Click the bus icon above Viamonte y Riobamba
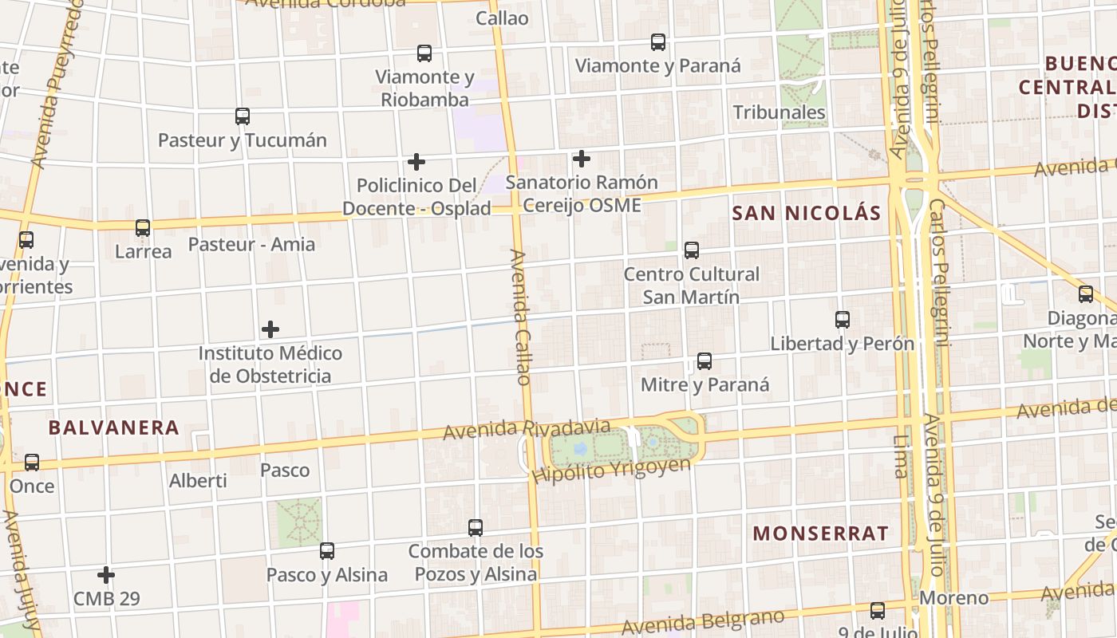424,53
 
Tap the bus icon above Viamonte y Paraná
658,42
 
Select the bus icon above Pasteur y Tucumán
243,116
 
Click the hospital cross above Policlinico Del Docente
416,162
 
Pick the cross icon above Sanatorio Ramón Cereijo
582,159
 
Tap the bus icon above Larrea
143,228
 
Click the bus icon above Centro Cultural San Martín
692,250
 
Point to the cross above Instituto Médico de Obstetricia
270,329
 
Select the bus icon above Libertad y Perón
843,320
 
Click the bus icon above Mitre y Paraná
705,361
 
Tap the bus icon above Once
32,463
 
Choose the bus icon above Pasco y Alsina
327,551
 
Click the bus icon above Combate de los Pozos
476,528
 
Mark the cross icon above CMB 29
106,575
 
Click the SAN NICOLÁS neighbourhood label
807,213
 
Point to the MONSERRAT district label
821,534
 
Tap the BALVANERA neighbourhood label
114,427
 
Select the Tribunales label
780,112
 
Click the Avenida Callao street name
520,317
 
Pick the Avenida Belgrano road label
703,622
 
